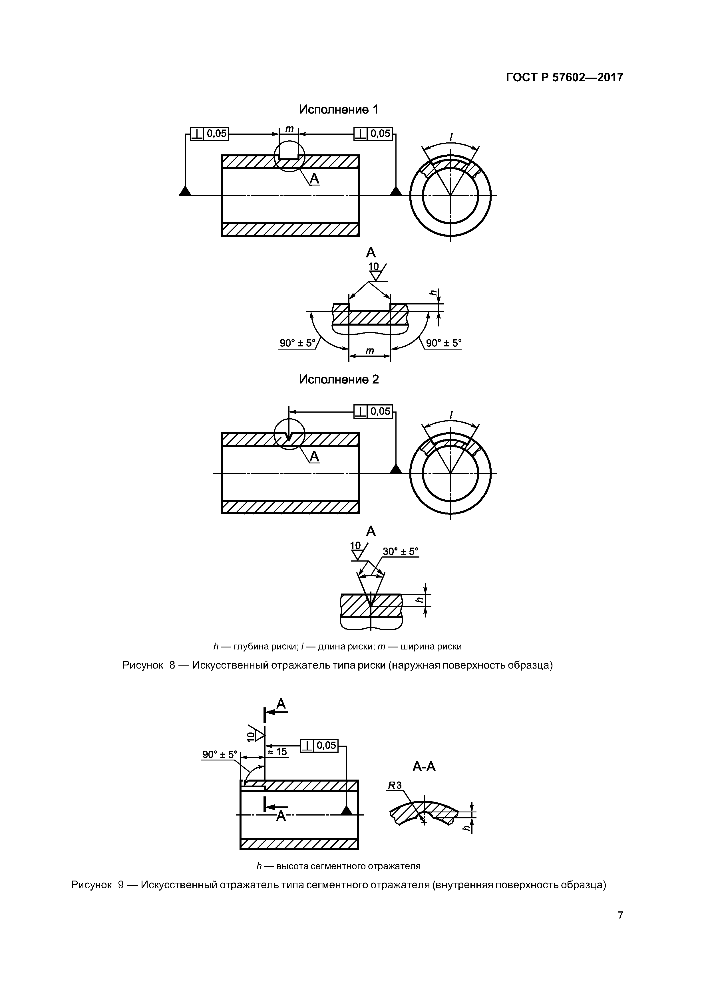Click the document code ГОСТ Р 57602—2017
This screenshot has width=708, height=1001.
564,78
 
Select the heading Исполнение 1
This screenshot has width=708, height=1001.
339,109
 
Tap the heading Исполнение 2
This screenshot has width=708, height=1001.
339,379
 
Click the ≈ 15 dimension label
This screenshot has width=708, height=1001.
277,752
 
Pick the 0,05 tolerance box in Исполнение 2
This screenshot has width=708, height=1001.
373,411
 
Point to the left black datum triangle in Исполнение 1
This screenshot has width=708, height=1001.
185,191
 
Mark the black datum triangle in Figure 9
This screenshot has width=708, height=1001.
346,810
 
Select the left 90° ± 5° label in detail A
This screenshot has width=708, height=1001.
297,343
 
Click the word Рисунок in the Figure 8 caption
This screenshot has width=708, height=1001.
143,665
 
